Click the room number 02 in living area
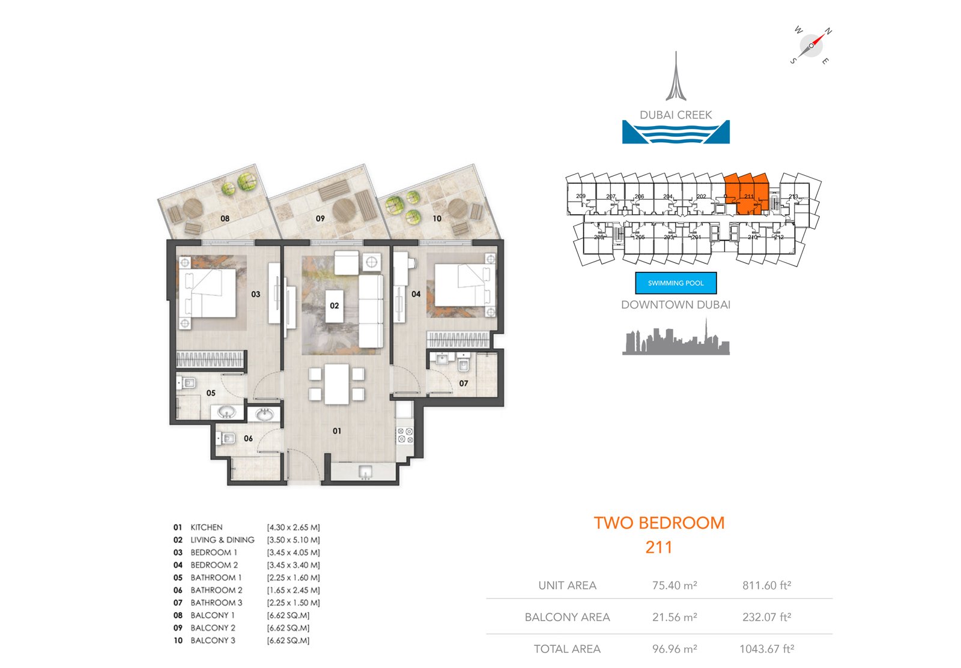click(x=335, y=305)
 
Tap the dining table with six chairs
click(x=336, y=384)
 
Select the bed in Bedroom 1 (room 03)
click(x=207, y=293)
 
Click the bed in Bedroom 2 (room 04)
click(x=461, y=285)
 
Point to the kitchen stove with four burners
click(x=405, y=435)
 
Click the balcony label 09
click(x=320, y=218)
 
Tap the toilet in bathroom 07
click(x=464, y=365)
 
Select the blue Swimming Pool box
click(x=676, y=283)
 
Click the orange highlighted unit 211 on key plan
click(x=747, y=193)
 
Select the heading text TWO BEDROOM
click(x=659, y=523)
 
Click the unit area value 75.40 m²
click(x=675, y=585)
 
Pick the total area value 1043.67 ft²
click(x=766, y=649)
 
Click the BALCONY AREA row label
click(x=567, y=617)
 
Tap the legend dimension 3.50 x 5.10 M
click(x=293, y=540)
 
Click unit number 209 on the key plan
click(x=580, y=196)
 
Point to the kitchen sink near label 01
click(x=365, y=473)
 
